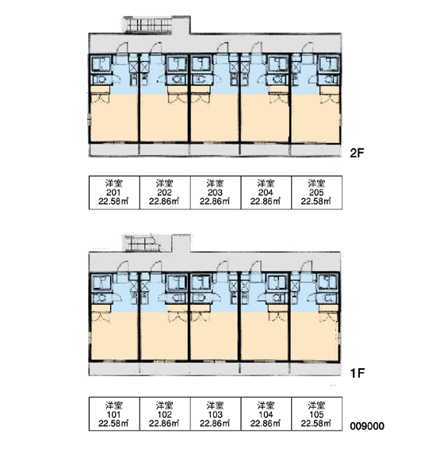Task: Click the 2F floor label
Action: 357,153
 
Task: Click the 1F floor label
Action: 357,373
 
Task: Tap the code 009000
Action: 367,426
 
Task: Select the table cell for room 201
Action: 114,193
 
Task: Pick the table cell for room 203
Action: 216,193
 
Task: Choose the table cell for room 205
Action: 317,193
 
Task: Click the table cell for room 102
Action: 165,414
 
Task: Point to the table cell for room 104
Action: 266,414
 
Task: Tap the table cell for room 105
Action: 317,414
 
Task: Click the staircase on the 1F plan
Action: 141,244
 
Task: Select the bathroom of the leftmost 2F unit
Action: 101,64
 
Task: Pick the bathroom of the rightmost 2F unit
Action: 329,64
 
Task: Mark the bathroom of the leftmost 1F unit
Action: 101,283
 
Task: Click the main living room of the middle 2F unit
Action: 215,118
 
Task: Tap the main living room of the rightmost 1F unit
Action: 315,336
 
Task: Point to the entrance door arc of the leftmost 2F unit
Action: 122,48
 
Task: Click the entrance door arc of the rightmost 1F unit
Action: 306,267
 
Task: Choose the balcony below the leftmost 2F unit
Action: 114,150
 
